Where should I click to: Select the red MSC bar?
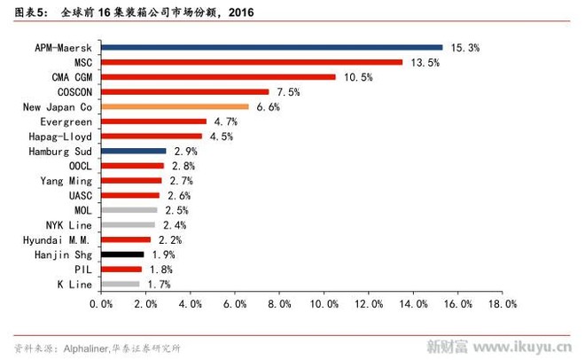[x=252, y=62]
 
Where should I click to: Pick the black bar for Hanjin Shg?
[x=122, y=254]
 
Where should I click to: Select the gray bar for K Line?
[x=120, y=284]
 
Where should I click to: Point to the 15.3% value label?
[x=464, y=47]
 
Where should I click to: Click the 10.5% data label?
[x=357, y=77]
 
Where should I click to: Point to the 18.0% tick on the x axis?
[x=501, y=303]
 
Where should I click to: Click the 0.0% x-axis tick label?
[x=101, y=303]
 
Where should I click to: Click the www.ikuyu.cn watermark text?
[x=522, y=345]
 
